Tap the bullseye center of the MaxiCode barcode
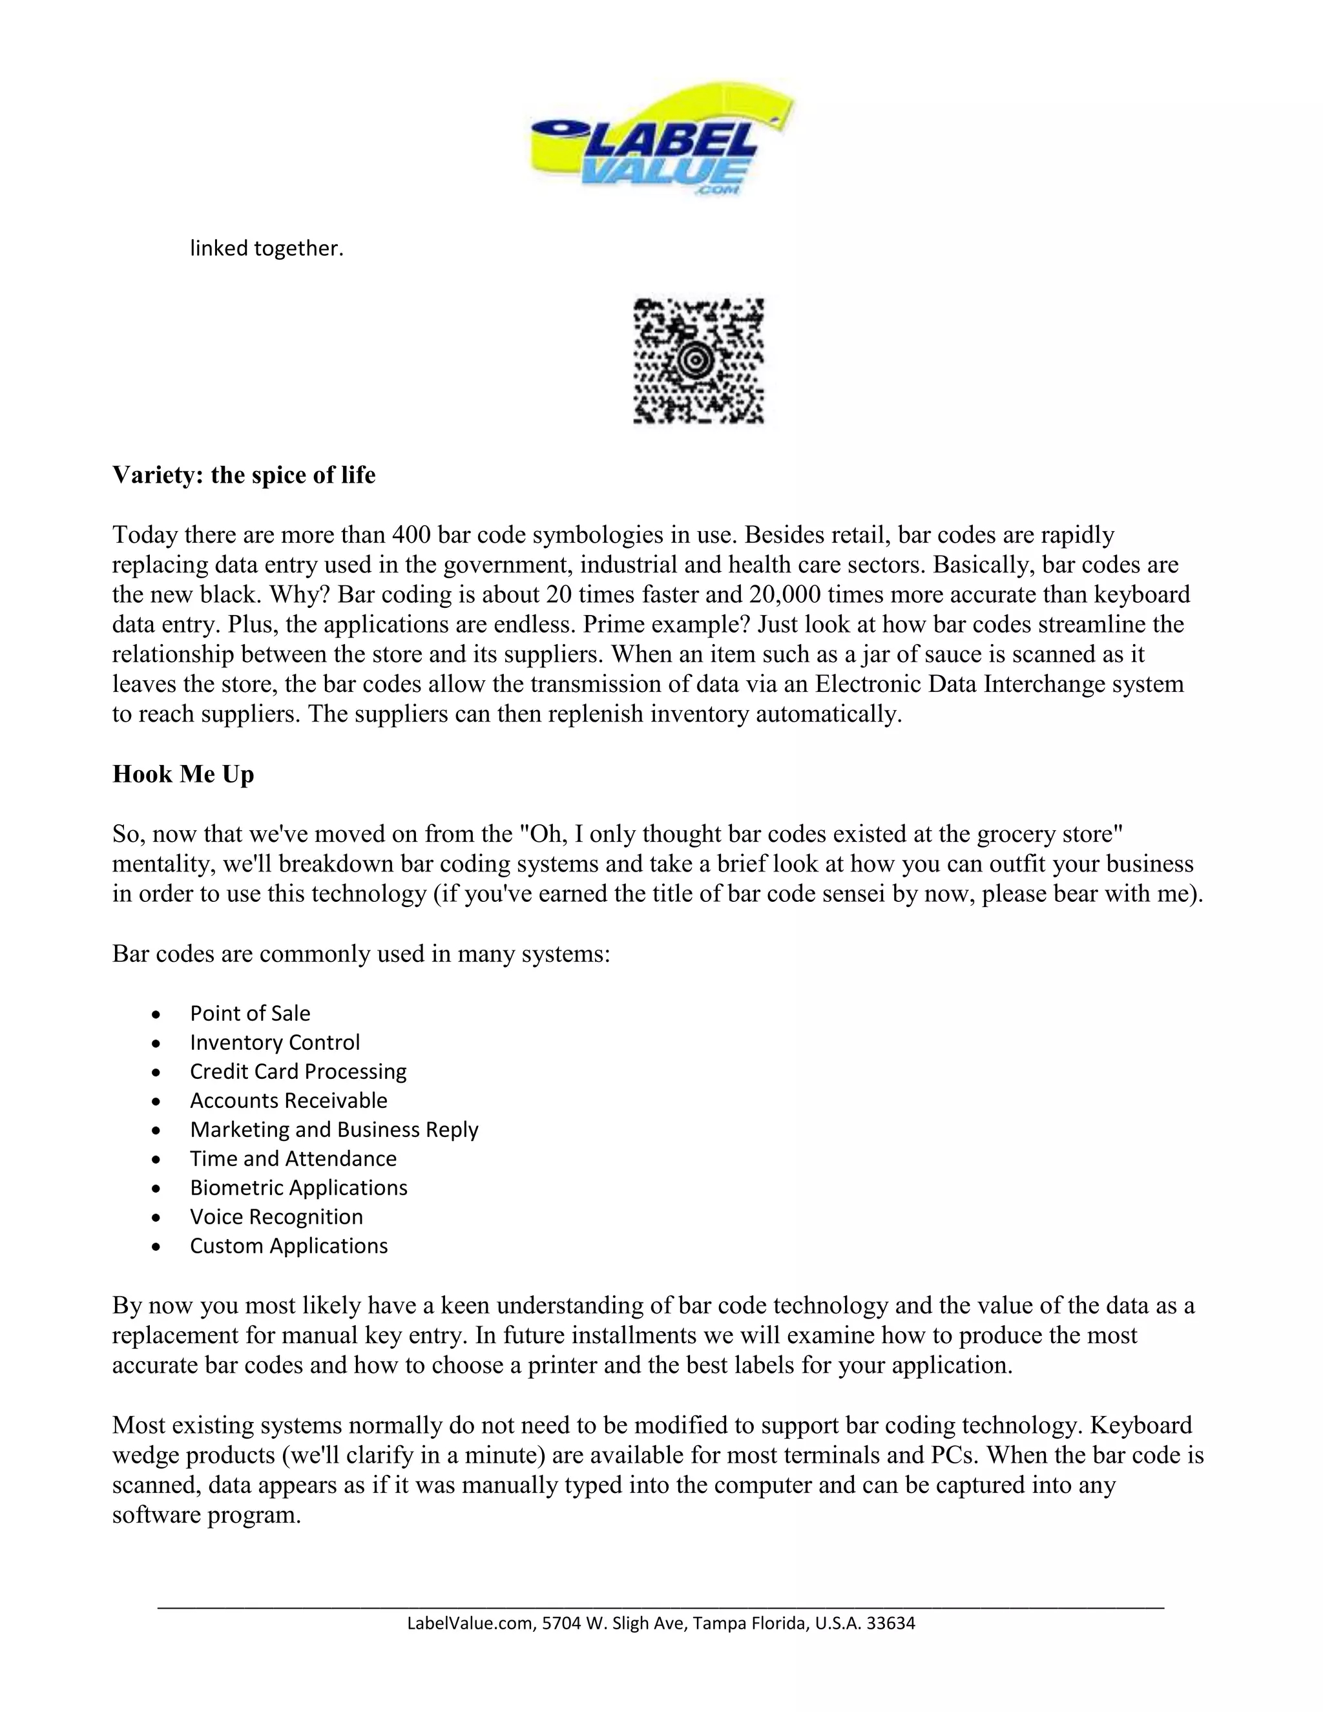click(x=694, y=360)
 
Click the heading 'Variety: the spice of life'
click(x=244, y=475)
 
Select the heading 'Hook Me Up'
click(x=183, y=775)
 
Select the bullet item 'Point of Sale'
click(x=250, y=1014)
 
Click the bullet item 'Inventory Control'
click(x=275, y=1043)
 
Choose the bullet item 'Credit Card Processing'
click(x=298, y=1072)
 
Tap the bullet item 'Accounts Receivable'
click(x=288, y=1101)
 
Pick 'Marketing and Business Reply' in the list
click(x=334, y=1129)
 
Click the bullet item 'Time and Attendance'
click(x=293, y=1158)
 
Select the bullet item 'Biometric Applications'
click(x=298, y=1187)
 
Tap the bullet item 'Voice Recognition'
click(x=276, y=1216)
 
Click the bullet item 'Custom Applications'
click(x=288, y=1246)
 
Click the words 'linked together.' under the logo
click(x=267, y=249)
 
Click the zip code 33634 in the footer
click(x=893, y=1623)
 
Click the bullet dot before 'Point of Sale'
click(x=158, y=1014)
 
